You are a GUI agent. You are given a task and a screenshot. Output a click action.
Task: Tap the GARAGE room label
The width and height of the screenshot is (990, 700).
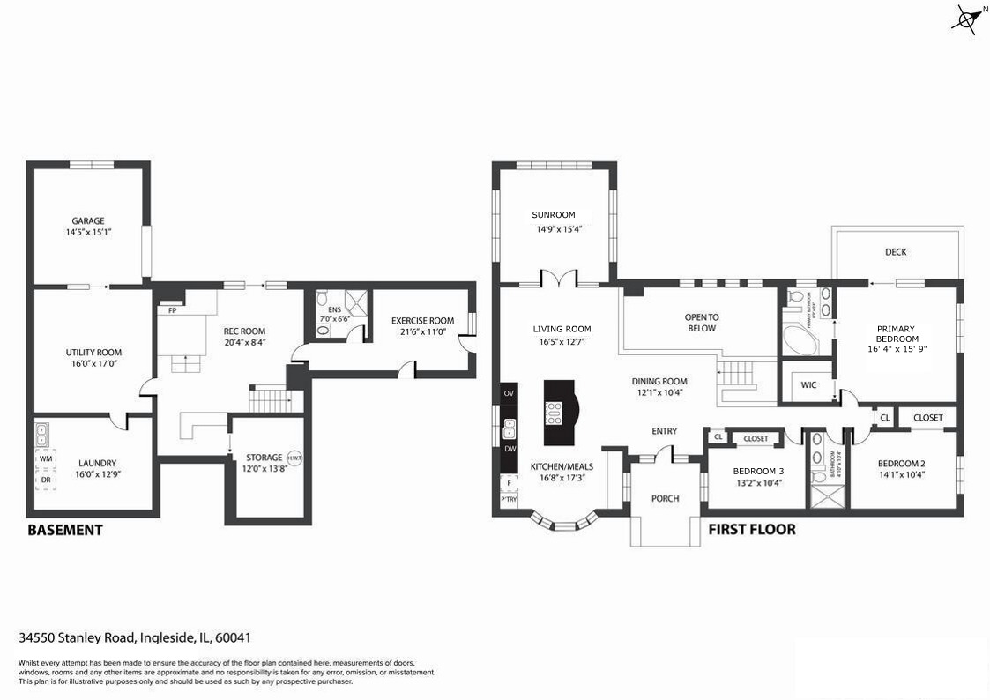(88, 220)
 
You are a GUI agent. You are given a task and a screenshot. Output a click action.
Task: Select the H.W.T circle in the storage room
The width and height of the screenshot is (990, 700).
(294, 458)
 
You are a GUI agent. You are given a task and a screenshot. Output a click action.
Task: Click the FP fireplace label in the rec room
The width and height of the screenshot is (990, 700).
(173, 310)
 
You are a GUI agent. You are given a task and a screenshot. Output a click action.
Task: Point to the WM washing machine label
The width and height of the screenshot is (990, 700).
(46, 458)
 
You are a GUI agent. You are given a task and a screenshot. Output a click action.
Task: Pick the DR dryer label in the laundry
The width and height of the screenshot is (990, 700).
(46, 480)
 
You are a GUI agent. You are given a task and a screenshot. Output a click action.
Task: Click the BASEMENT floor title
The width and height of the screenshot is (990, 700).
(65, 530)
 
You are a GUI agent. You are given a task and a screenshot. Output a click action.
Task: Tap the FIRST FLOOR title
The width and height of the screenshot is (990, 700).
(752, 529)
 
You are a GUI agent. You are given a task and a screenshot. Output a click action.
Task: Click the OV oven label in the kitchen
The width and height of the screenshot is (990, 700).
(509, 393)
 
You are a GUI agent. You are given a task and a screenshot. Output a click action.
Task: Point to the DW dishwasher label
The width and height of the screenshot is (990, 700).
(510, 449)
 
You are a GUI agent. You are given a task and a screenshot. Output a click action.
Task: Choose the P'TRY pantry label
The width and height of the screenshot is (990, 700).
(509, 499)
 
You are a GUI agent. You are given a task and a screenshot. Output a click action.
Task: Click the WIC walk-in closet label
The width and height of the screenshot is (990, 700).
(808, 385)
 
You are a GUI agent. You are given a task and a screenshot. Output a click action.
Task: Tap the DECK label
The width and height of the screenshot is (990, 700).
(896, 252)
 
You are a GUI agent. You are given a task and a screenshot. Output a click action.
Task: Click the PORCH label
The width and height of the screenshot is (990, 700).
(665, 499)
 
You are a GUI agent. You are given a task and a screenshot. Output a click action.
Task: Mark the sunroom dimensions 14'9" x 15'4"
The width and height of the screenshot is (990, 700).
(559, 229)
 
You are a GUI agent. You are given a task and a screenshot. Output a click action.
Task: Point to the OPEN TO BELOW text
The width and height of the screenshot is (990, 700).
(702, 323)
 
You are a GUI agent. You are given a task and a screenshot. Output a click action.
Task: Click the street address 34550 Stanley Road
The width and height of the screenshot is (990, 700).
(78, 637)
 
